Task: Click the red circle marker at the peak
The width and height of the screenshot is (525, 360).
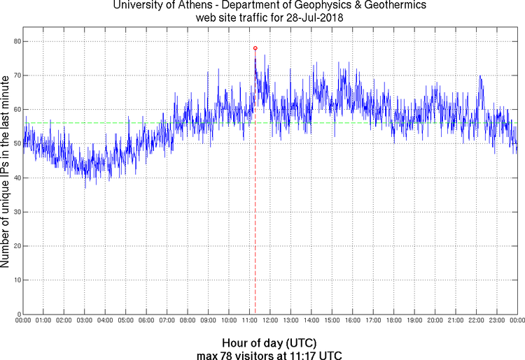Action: (255, 48)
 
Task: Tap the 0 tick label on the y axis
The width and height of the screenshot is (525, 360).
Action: (17, 314)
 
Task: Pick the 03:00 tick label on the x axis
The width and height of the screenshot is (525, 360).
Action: (84, 321)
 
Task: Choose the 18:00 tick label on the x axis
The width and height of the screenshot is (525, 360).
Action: (393, 321)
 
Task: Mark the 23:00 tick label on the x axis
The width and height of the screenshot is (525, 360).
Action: (496, 321)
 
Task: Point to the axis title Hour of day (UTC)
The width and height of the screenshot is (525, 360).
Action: (269, 343)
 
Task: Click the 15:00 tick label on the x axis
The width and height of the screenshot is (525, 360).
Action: (332, 321)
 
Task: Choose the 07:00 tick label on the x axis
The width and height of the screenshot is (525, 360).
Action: (167, 321)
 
